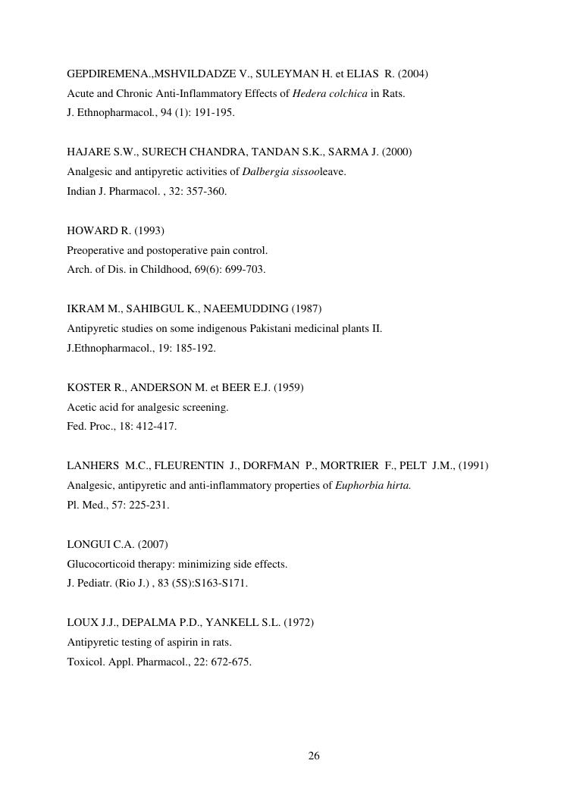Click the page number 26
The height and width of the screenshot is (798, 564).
coord(314,756)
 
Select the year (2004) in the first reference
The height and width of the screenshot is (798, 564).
coord(413,74)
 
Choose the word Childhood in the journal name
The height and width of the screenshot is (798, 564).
coord(156,270)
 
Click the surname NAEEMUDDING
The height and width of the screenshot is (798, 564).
coord(246,309)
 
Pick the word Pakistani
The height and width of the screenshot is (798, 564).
coord(270,329)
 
